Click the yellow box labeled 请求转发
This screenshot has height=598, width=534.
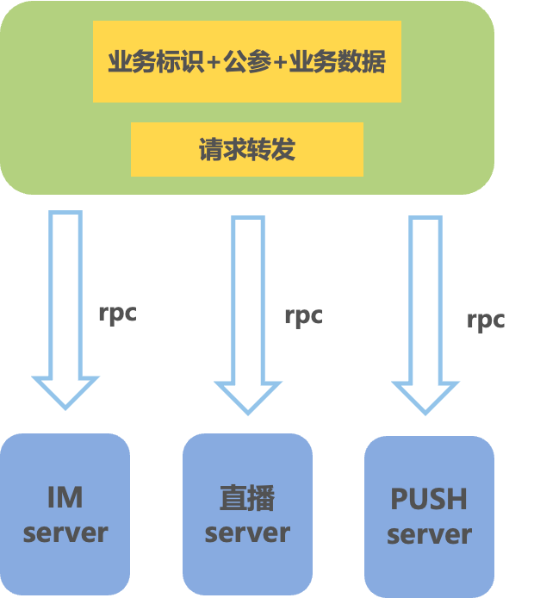pos(246,149)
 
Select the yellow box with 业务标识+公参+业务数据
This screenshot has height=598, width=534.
pos(246,62)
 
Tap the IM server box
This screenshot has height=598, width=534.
pos(65,514)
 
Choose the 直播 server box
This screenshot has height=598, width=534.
pos(247,514)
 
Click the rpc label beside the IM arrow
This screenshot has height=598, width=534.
pos(117,313)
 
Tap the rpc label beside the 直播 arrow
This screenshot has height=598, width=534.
pos(303,315)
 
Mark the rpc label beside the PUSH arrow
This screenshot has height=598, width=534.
pos(486,321)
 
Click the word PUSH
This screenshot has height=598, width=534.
pos(429,499)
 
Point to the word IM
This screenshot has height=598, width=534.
pos(65,497)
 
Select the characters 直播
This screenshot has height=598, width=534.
pos(247,498)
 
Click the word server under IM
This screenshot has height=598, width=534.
pos(65,533)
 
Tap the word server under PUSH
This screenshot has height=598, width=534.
pos(429,534)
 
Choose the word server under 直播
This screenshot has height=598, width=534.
pos(247,533)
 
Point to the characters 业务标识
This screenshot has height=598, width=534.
pos(155,62)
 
